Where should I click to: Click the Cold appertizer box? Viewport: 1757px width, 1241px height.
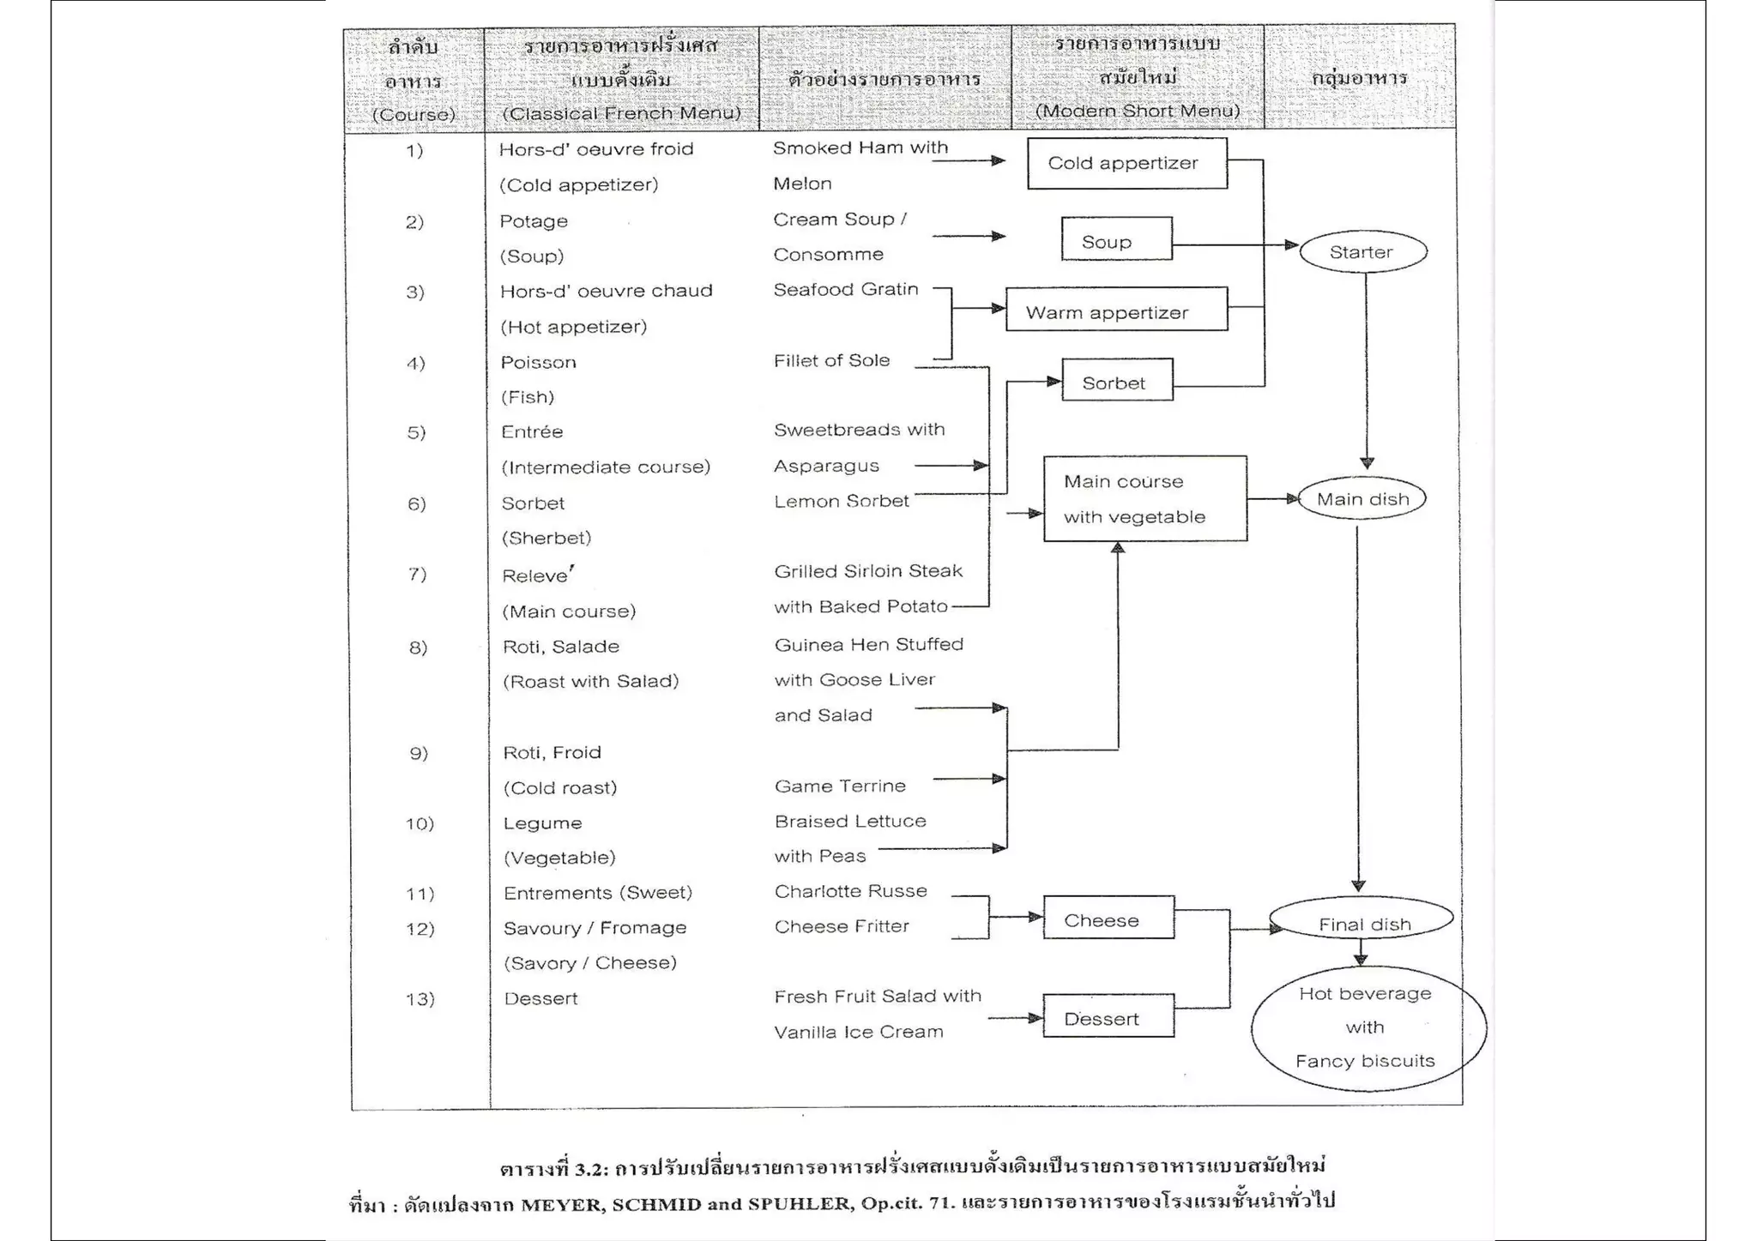point(1126,163)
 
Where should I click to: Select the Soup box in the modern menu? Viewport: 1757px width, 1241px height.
point(1115,239)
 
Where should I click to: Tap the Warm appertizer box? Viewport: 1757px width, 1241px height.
point(1115,310)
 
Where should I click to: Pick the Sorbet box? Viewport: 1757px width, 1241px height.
point(1116,380)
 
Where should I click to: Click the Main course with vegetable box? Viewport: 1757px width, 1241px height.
point(1144,498)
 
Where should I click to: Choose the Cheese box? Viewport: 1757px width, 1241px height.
point(1108,918)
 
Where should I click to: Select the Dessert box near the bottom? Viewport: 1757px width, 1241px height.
point(1108,1016)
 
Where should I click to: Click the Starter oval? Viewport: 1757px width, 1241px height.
point(1362,252)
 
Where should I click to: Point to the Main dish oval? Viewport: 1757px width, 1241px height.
point(1362,499)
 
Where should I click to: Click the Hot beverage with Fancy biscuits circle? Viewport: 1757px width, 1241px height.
point(1368,1027)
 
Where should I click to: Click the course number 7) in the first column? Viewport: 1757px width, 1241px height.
point(417,574)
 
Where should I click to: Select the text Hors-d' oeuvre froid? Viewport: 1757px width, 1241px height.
point(595,149)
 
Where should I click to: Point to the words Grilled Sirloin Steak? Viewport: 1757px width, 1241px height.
point(867,571)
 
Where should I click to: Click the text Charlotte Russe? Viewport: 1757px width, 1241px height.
point(850,891)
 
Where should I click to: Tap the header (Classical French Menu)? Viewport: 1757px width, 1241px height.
point(621,113)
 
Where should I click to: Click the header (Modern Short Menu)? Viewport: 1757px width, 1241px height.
point(1137,111)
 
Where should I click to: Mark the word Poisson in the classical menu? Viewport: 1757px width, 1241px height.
point(538,362)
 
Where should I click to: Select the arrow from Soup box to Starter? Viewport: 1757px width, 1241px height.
point(1235,245)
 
